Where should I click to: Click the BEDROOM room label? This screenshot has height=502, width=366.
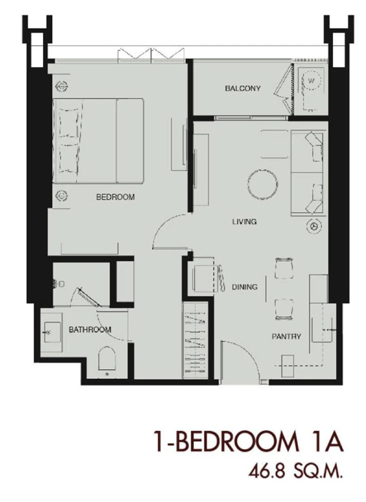[x=115, y=197]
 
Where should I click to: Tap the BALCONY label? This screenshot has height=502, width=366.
[x=242, y=88]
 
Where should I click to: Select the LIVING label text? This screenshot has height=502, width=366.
[x=245, y=221]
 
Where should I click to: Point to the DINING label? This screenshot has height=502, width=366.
[x=245, y=287]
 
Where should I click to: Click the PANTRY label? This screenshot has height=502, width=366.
[x=286, y=336]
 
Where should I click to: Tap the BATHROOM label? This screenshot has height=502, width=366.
[x=90, y=329]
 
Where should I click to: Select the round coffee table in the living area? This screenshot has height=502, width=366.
[x=262, y=185]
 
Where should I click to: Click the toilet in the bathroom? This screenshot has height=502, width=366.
[x=106, y=359]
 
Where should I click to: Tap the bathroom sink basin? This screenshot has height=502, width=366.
[x=52, y=332]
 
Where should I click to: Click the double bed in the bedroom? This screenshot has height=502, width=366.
[x=98, y=141]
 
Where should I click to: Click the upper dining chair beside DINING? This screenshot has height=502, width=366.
[x=284, y=268]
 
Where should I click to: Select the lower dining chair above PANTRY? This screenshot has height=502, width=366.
[x=284, y=309]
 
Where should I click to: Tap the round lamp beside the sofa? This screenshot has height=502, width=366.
[x=313, y=226]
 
